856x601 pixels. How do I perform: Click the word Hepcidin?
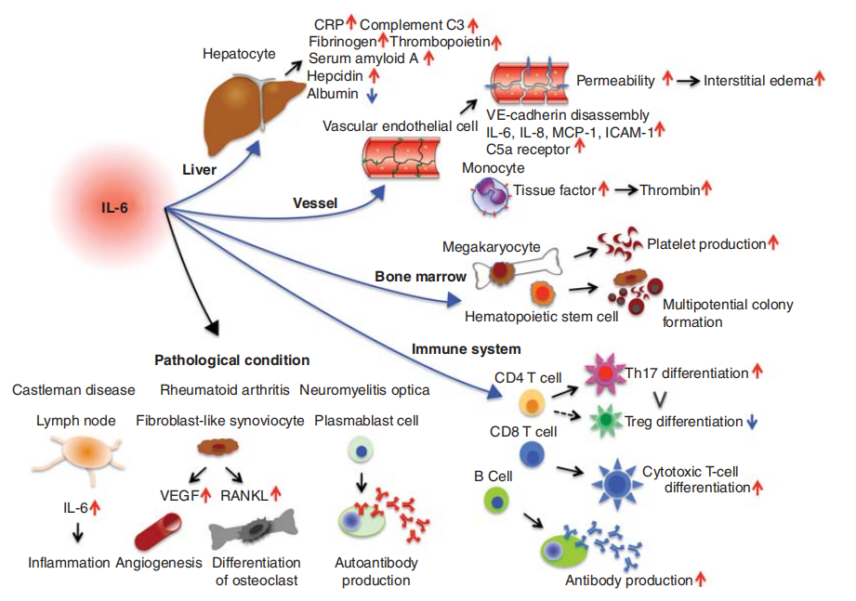[x=335, y=75]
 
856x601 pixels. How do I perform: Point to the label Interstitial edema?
[x=757, y=81]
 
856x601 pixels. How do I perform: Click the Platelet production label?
[x=706, y=243]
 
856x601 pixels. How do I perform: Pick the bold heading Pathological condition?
[x=232, y=359]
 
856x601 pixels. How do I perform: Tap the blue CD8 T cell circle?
[x=531, y=453]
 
